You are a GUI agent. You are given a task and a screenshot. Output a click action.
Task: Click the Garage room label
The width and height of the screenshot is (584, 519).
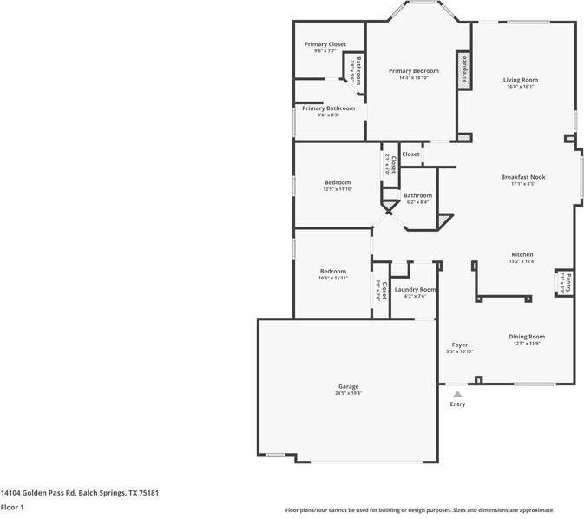tap(348, 386)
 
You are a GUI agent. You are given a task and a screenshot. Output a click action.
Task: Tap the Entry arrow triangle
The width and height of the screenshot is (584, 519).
tap(457, 394)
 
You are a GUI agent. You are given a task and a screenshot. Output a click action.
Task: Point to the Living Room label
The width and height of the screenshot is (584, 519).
tap(519, 80)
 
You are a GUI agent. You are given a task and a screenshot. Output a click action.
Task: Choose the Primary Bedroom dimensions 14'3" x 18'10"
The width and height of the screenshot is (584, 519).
tap(413, 78)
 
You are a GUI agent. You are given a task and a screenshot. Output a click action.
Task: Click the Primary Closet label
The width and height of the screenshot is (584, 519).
tap(325, 44)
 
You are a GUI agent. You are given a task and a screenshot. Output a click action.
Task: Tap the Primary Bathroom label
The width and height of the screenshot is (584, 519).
tap(328, 108)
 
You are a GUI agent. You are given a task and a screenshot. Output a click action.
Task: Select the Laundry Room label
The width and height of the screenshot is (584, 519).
tap(415, 289)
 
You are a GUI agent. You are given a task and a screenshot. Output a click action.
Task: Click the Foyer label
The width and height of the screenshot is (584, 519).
tap(459, 345)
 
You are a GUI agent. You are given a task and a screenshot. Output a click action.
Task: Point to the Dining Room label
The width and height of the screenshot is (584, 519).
tap(526, 336)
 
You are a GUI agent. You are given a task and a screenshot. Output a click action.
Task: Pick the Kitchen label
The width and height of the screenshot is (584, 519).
tap(522, 254)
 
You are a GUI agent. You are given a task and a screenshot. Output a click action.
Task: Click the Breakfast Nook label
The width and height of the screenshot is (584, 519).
tap(523, 177)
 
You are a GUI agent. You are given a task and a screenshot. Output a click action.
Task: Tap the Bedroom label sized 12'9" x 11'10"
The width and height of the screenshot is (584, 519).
tap(338, 182)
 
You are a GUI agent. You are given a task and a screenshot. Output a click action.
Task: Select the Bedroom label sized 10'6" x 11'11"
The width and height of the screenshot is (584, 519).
tap(332, 271)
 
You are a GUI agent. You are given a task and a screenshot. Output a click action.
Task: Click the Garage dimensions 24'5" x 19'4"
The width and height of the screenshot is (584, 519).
tap(348, 393)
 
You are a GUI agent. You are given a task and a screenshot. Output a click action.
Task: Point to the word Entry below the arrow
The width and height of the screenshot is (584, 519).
tap(457, 404)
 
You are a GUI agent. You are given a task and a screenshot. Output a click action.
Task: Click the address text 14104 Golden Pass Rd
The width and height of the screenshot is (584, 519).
tap(43, 492)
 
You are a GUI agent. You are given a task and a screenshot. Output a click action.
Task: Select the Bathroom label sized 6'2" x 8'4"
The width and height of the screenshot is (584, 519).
tap(417, 195)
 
